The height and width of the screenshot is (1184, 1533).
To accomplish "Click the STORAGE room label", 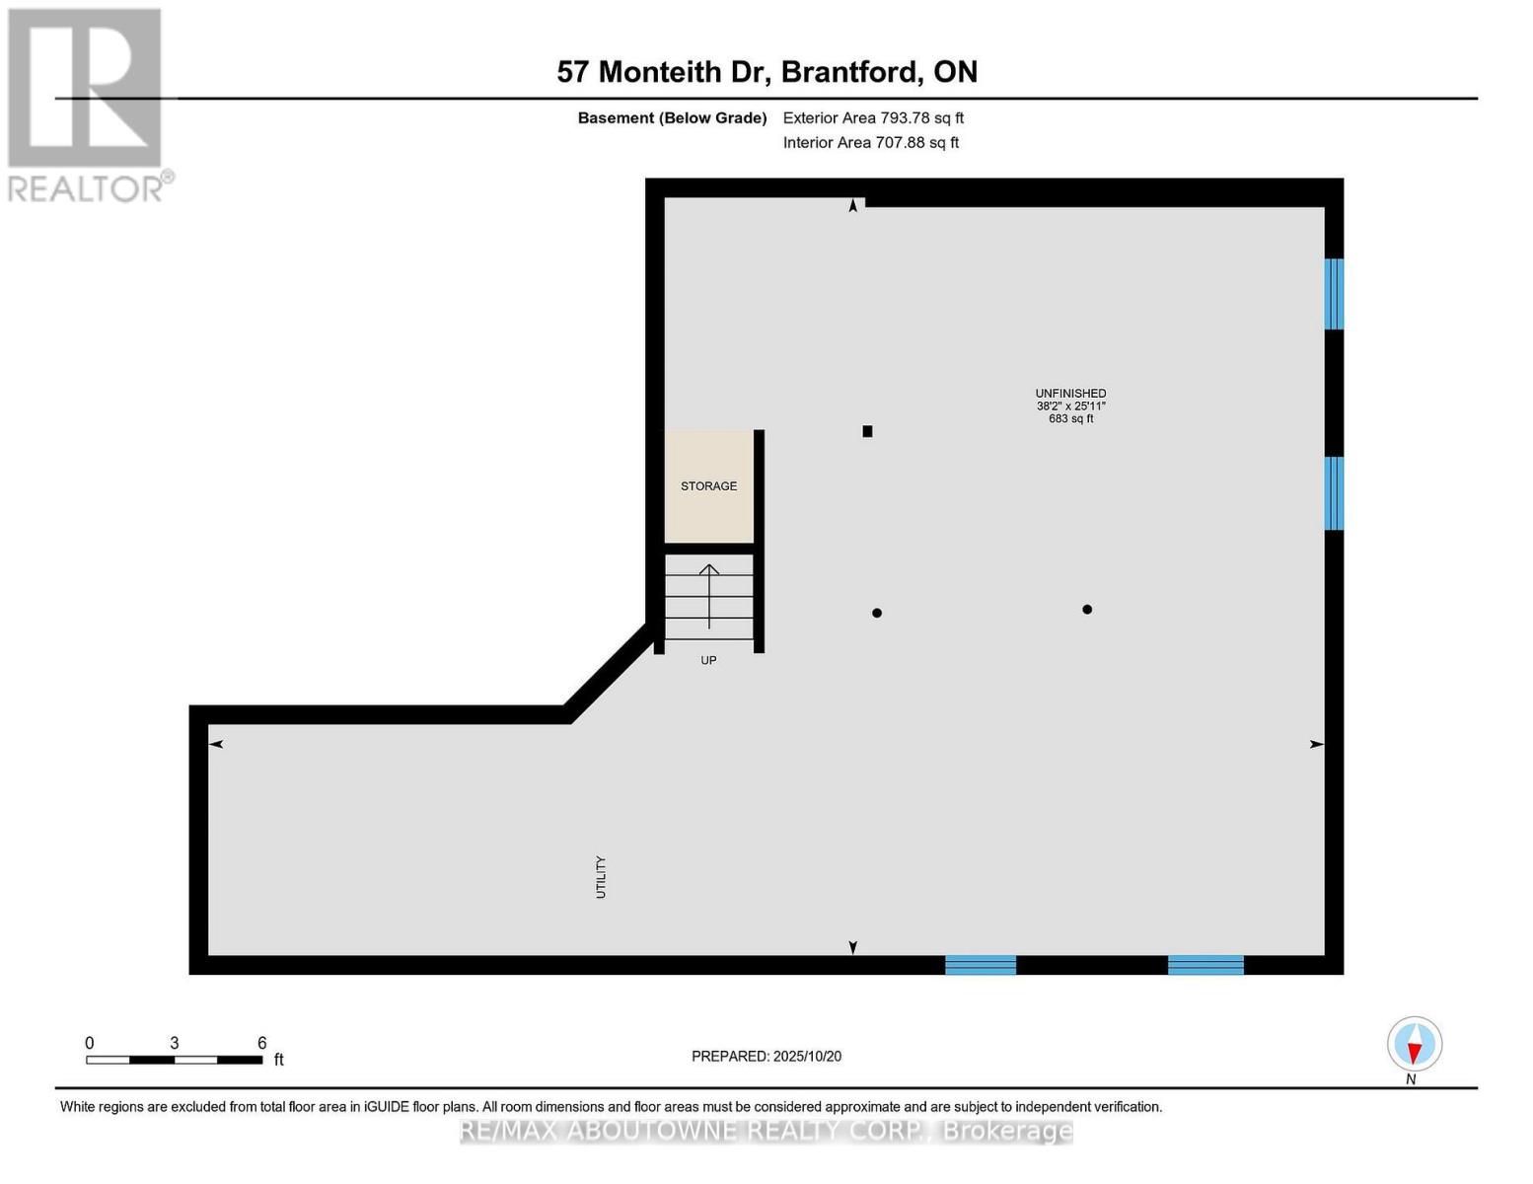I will coord(708,485).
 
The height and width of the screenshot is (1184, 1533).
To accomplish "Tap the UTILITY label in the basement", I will coord(601,876).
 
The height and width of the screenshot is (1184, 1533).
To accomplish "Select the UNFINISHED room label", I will coord(1070,393).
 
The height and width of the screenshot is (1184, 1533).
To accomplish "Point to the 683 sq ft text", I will coord(1070,418).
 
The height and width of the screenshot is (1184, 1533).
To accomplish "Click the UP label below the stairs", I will coord(708,660).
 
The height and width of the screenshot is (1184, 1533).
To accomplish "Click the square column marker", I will coord(867,431).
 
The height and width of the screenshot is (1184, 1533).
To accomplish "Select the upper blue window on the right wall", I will coord(1334,293).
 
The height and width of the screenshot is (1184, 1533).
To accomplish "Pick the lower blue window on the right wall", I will coord(1334,492).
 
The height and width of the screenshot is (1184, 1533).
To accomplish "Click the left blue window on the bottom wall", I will coord(981,965).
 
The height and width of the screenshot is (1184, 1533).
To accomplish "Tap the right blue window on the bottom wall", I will coord(1205,965).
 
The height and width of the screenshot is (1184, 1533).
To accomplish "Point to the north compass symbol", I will coord(1415,1044).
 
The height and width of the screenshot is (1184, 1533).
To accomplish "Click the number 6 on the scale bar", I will coord(261,1043).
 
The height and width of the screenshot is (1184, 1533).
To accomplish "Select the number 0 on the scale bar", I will coord(90,1043).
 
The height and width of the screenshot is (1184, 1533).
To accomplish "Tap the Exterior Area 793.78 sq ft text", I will coord(873,117).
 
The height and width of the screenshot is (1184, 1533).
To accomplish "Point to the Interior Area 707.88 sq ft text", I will coord(871,142).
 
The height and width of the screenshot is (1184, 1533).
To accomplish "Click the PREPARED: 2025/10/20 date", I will coord(766,1056).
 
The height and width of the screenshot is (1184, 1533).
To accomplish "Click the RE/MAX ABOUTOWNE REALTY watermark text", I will coord(766,1131).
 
